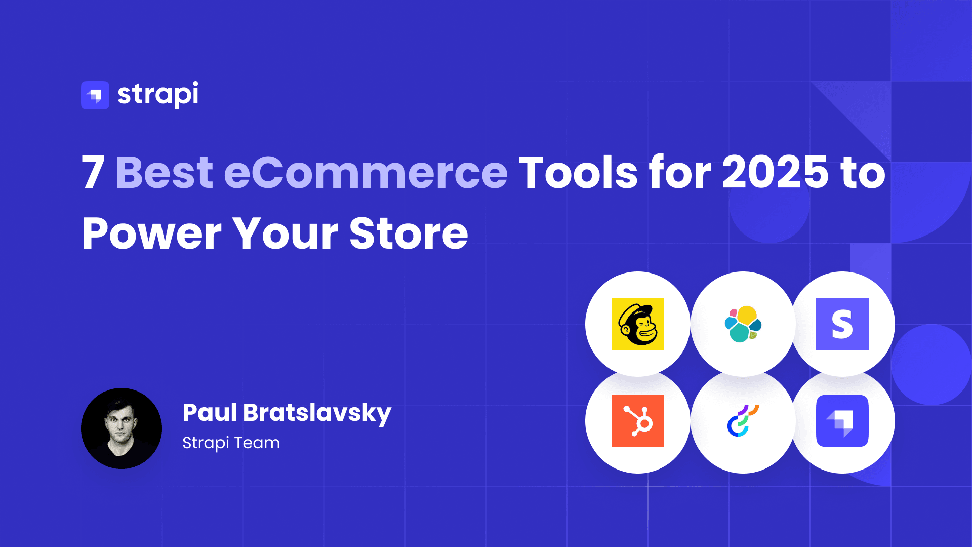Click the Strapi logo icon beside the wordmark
95,95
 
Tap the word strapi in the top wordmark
158,94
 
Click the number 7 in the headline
93,173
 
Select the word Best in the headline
165,172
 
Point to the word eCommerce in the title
366,172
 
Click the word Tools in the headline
578,172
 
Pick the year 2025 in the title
775,172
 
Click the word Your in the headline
286,233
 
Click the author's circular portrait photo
121,428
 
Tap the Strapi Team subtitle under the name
231,443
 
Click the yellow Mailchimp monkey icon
638,324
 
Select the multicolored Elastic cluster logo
743,324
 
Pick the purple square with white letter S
842,324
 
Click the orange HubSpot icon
638,421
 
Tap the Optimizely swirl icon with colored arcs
743,421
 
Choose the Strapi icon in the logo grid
842,421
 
